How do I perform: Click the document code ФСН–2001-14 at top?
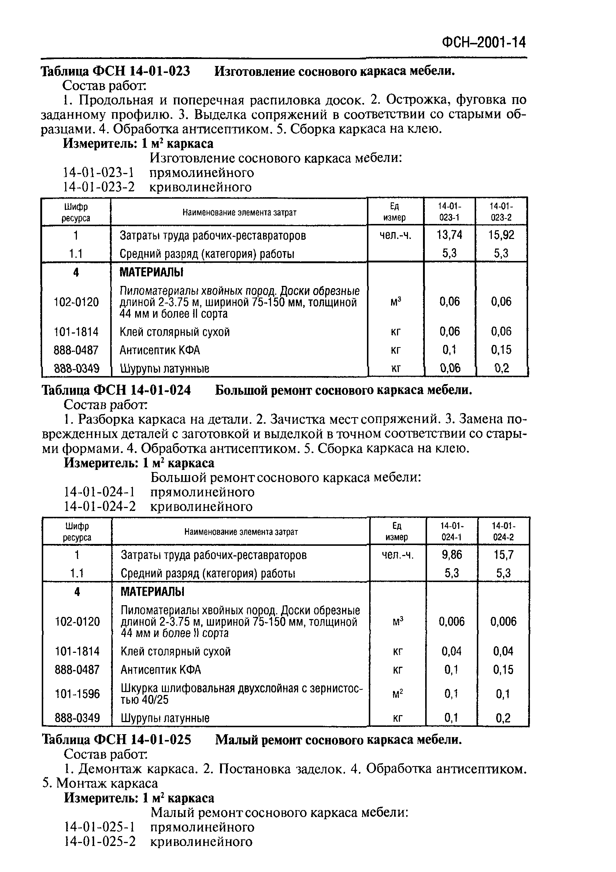pos(484,42)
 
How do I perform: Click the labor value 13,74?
pos(449,235)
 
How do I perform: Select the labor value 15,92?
pos(501,235)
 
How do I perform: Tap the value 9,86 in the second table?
pos(452,555)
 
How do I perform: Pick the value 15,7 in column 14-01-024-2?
pos(503,555)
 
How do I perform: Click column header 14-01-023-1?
pos(449,211)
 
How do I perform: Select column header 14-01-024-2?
pos(503,531)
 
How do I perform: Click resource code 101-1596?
pos(77,694)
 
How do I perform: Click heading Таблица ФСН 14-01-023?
pos(115,71)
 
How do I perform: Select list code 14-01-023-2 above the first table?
pos(99,187)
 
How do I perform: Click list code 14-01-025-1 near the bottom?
pos(100,827)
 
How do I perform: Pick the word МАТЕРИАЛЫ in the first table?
pos(152,272)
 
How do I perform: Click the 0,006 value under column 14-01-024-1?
pos(452,621)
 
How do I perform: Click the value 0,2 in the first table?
pos(501,368)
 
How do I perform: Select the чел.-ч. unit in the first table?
pos(395,235)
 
